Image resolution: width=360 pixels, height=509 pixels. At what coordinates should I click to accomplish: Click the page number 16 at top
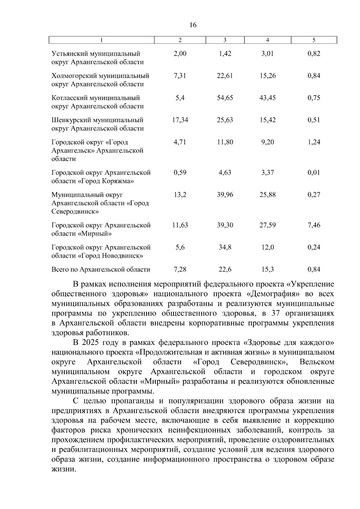[x=193, y=25]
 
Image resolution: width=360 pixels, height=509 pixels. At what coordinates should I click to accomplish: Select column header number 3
[x=225, y=40]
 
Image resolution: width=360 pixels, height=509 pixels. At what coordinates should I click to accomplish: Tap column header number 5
[x=314, y=40]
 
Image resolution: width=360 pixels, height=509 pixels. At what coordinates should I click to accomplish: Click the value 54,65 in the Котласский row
[x=225, y=98]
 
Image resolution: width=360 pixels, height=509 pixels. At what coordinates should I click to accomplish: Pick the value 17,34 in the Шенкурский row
[x=180, y=120]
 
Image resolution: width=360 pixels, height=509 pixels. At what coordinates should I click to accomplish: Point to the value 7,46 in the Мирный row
[x=314, y=225]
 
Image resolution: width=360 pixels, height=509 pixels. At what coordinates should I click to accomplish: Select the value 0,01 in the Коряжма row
[x=314, y=172]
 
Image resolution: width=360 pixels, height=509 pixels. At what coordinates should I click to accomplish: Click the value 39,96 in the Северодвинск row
[x=225, y=195]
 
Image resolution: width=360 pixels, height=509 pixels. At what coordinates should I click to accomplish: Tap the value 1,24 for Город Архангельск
[x=314, y=142]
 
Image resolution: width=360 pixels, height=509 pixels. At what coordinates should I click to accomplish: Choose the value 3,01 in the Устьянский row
[x=267, y=54]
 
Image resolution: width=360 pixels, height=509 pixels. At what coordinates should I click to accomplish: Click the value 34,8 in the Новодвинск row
[x=225, y=247]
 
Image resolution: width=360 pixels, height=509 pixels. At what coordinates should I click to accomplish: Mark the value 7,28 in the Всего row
[x=180, y=269]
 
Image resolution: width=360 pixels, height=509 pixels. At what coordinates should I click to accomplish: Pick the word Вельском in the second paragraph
[x=317, y=362]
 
